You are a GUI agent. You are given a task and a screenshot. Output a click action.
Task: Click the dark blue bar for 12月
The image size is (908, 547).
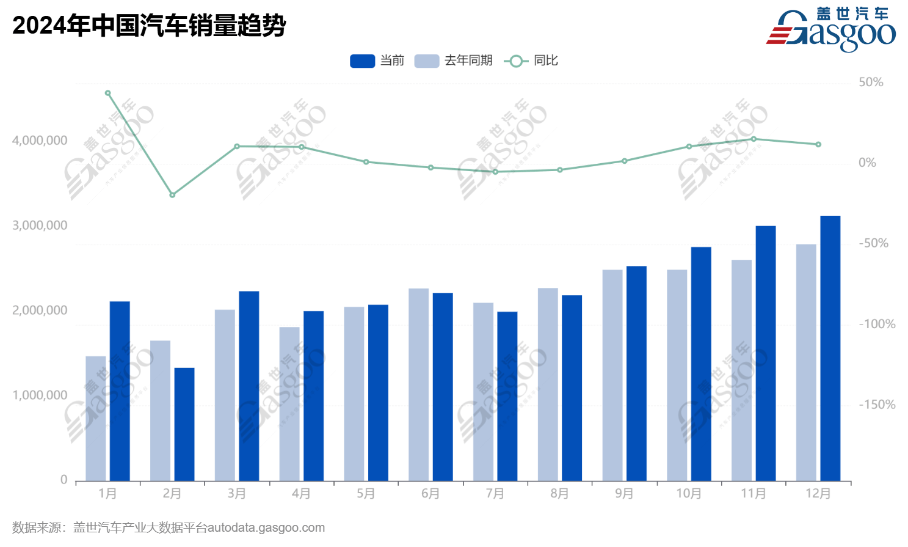(830, 348)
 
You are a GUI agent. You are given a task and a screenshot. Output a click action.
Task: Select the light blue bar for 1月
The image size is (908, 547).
(95, 419)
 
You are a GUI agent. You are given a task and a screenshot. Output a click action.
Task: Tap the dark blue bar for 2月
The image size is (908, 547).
(184, 424)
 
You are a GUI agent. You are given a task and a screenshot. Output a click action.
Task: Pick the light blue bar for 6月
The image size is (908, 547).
(418, 384)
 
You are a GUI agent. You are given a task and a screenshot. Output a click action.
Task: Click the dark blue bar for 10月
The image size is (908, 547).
(701, 364)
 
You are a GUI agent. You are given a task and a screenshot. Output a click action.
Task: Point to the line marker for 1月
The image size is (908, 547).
(107, 94)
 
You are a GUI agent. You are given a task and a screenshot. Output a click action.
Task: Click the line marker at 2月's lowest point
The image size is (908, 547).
(172, 195)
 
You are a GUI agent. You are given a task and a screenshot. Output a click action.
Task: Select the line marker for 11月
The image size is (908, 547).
(754, 139)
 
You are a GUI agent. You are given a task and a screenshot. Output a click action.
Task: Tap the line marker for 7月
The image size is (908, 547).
(495, 172)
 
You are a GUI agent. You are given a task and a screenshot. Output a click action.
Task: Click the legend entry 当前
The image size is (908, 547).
(377, 61)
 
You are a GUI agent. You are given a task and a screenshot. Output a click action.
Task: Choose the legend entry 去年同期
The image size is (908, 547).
(453, 61)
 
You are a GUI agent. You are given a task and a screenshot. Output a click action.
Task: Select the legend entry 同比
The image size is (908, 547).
(531, 61)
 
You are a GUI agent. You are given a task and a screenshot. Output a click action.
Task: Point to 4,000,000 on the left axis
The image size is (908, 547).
(40, 141)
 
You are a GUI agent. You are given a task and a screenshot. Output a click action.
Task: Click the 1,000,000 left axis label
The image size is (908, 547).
(40, 395)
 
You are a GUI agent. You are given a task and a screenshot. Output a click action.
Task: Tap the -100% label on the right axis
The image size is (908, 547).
(877, 324)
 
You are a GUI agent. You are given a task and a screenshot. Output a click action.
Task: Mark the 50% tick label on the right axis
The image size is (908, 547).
(871, 83)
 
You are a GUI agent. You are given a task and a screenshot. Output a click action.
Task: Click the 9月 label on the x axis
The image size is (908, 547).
(624, 494)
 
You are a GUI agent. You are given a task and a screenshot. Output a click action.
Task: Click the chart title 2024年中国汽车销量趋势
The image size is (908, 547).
(149, 26)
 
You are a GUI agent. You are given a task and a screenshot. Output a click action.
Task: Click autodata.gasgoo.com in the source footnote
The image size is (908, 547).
(266, 528)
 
